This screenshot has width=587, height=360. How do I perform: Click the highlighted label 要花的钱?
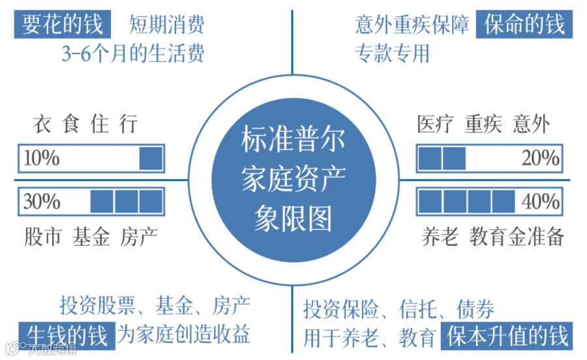click(x=62, y=24)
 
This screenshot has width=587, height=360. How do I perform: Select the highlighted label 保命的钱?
click(x=524, y=24)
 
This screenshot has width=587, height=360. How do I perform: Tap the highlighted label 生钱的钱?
click(x=65, y=334)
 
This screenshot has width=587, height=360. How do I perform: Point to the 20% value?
click(x=540, y=158)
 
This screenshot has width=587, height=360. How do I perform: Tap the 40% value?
click(x=540, y=202)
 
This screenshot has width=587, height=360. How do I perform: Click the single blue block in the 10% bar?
click(x=151, y=159)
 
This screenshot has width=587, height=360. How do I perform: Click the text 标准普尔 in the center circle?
click(x=292, y=139)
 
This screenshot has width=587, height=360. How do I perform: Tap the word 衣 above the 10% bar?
click(x=42, y=123)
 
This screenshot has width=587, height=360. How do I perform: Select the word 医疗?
click(x=434, y=123)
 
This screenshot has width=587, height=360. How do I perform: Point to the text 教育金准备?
click(x=517, y=236)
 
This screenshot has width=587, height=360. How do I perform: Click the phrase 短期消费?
click(x=167, y=24)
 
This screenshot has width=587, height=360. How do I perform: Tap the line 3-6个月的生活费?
click(x=132, y=53)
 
